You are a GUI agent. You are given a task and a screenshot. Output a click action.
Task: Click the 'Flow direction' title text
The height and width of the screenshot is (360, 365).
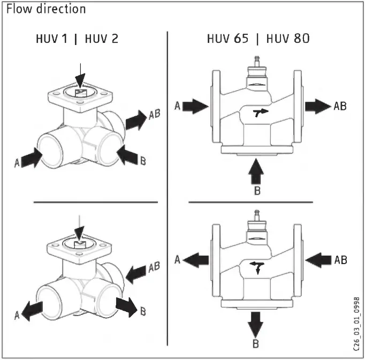[x=46, y=9]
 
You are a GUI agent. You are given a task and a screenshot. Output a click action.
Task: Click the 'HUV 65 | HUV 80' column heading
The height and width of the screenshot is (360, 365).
[x=257, y=40]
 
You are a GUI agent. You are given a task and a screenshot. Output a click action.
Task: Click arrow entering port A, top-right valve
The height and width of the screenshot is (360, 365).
[x=194, y=107]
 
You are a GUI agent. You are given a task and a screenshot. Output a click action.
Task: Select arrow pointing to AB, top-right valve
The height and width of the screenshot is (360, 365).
[x=318, y=107]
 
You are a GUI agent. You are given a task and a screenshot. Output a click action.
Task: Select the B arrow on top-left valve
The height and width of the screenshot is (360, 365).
[x=128, y=155]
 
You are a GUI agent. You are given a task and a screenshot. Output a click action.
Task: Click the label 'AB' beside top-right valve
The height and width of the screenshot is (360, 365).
[x=340, y=107]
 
